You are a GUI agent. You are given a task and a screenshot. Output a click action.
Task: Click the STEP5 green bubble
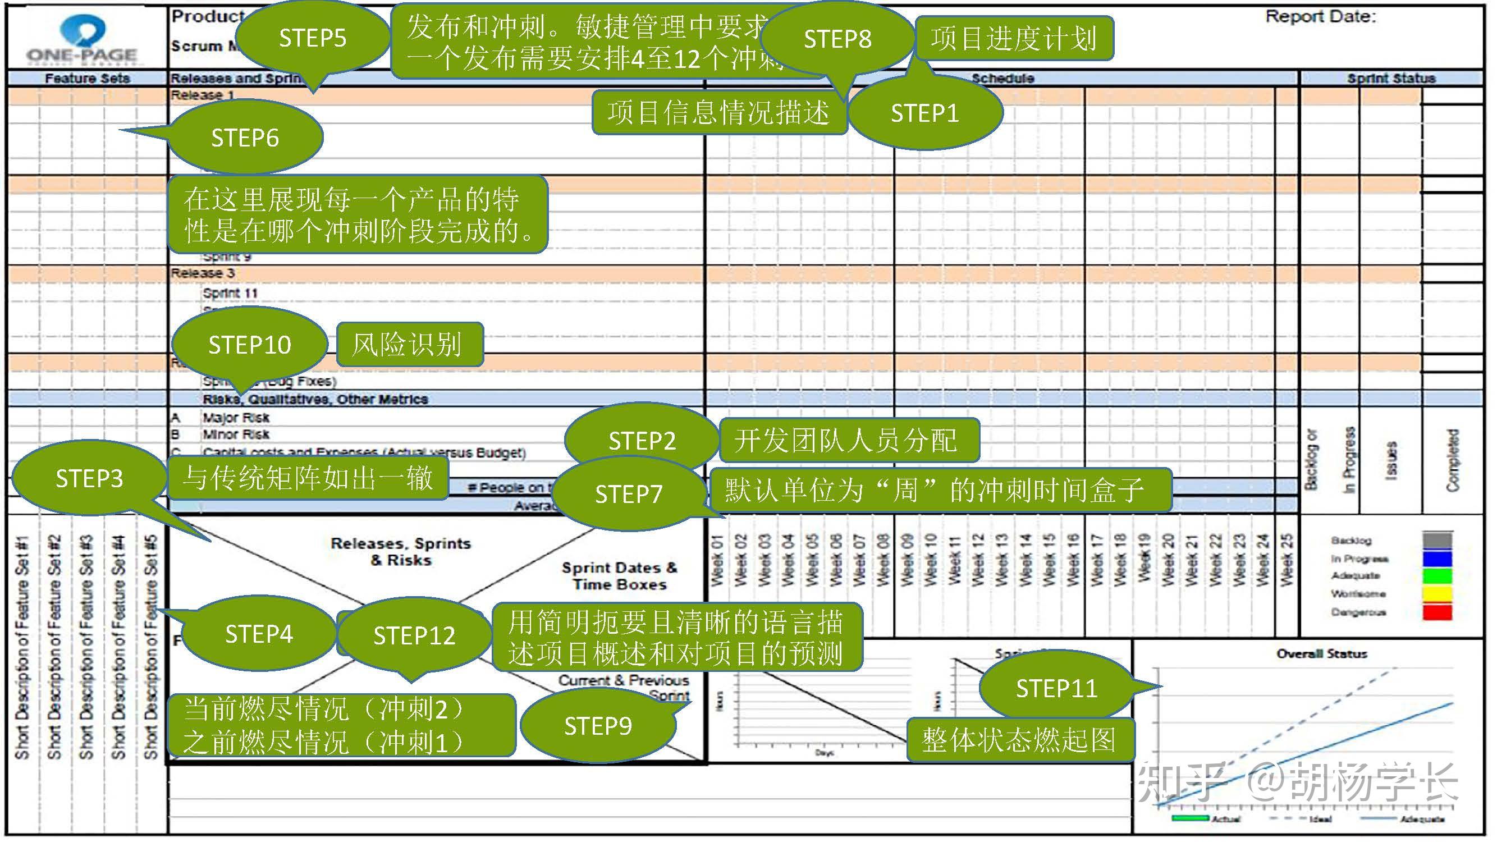[x=312, y=38]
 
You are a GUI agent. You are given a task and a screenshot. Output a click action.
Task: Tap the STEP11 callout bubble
[x=1056, y=689]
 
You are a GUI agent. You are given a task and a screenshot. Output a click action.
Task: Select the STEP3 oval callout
[x=89, y=478]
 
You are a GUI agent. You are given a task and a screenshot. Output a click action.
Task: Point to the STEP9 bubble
[x=598, y=726]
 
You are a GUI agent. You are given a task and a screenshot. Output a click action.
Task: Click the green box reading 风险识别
[x=409, y=345]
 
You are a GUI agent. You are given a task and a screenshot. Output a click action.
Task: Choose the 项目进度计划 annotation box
[x=1014, y=39]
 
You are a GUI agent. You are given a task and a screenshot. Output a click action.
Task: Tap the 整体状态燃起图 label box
[x=1019, y=740]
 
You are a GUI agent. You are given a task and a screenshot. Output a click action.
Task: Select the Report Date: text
[x=1320, y=17]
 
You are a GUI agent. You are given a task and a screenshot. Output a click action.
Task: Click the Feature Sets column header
[x=87, y=79]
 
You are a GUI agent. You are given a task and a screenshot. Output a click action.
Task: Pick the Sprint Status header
[x=1391, y=79]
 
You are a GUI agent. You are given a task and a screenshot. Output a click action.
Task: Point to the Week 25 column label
[x=1287, y=560]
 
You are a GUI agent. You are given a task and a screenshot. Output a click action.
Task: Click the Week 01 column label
[x=717, y=560]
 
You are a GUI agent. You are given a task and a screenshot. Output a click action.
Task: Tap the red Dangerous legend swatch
[x=1436, y=612]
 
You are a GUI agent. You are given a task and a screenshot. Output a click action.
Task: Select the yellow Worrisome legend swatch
[x=1436, y=594]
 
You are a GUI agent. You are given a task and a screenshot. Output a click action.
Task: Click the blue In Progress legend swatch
[x=1436, y=559]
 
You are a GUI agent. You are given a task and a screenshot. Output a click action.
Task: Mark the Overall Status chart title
[x=1321, y=654]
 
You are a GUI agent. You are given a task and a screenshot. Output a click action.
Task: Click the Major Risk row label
[x=236, y=417]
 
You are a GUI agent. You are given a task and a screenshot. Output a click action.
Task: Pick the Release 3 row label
[x=202, y=273]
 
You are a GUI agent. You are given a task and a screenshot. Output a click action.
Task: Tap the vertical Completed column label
[x=1452, y=460]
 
